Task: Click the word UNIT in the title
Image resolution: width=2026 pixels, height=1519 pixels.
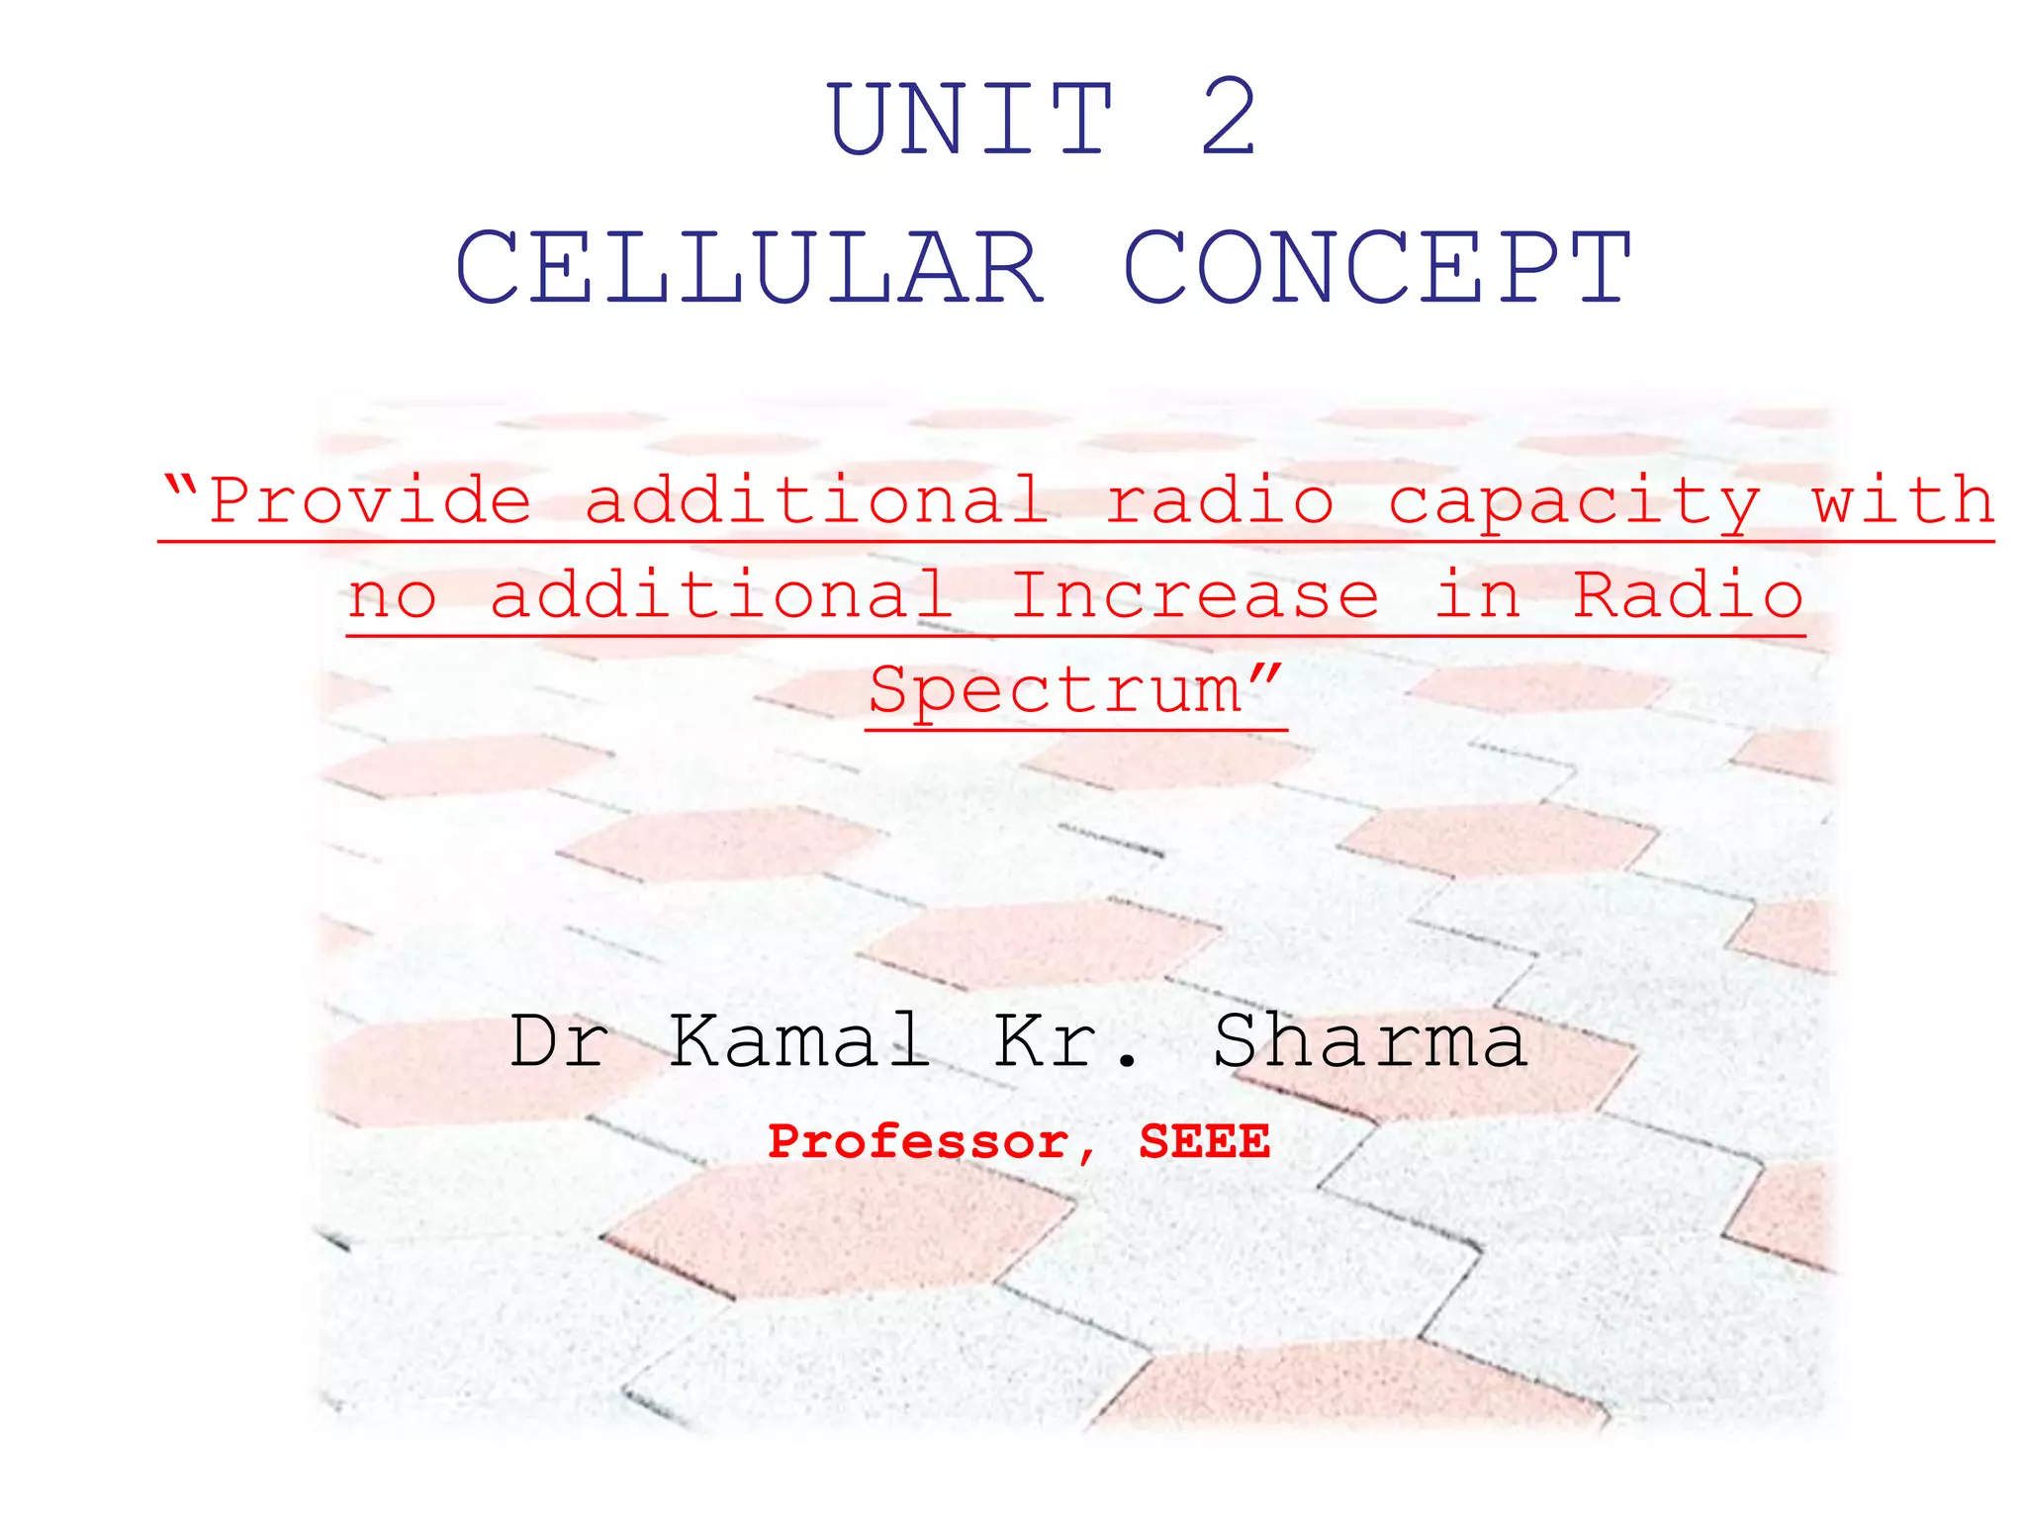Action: pos(971,120)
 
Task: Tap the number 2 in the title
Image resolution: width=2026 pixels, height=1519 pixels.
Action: pos(1229,120)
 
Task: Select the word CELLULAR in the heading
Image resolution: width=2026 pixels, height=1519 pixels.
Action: pos(749,267)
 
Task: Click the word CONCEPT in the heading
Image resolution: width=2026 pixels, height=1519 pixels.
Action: pos(1377,267)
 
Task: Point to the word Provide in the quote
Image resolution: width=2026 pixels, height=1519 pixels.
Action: pos(371,500)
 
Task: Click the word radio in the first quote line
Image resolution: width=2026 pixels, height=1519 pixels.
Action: pos(1220,500)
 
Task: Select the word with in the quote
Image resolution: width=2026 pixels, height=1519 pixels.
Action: pos(1901,500)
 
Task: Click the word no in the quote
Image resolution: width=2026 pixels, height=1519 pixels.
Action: pos(393,596)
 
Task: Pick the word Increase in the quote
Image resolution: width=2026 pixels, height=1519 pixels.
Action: pos(1195,595)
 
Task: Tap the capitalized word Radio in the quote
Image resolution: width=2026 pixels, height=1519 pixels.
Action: pos(1689,595)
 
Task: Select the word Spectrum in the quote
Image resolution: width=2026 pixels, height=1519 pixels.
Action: pos(1055,690)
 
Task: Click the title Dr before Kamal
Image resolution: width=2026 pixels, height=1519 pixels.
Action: pos(559,1041)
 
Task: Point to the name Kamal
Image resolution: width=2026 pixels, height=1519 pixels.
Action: pos(799,1041)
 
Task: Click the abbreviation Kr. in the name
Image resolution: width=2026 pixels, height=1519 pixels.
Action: pos(1066,1041)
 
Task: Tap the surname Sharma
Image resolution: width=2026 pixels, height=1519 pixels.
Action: pos(1370,1041)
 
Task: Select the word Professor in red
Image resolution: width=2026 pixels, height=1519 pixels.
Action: pos(919,1143)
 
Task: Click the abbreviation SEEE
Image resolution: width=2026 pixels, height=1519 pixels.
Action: pos(1204,1141)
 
